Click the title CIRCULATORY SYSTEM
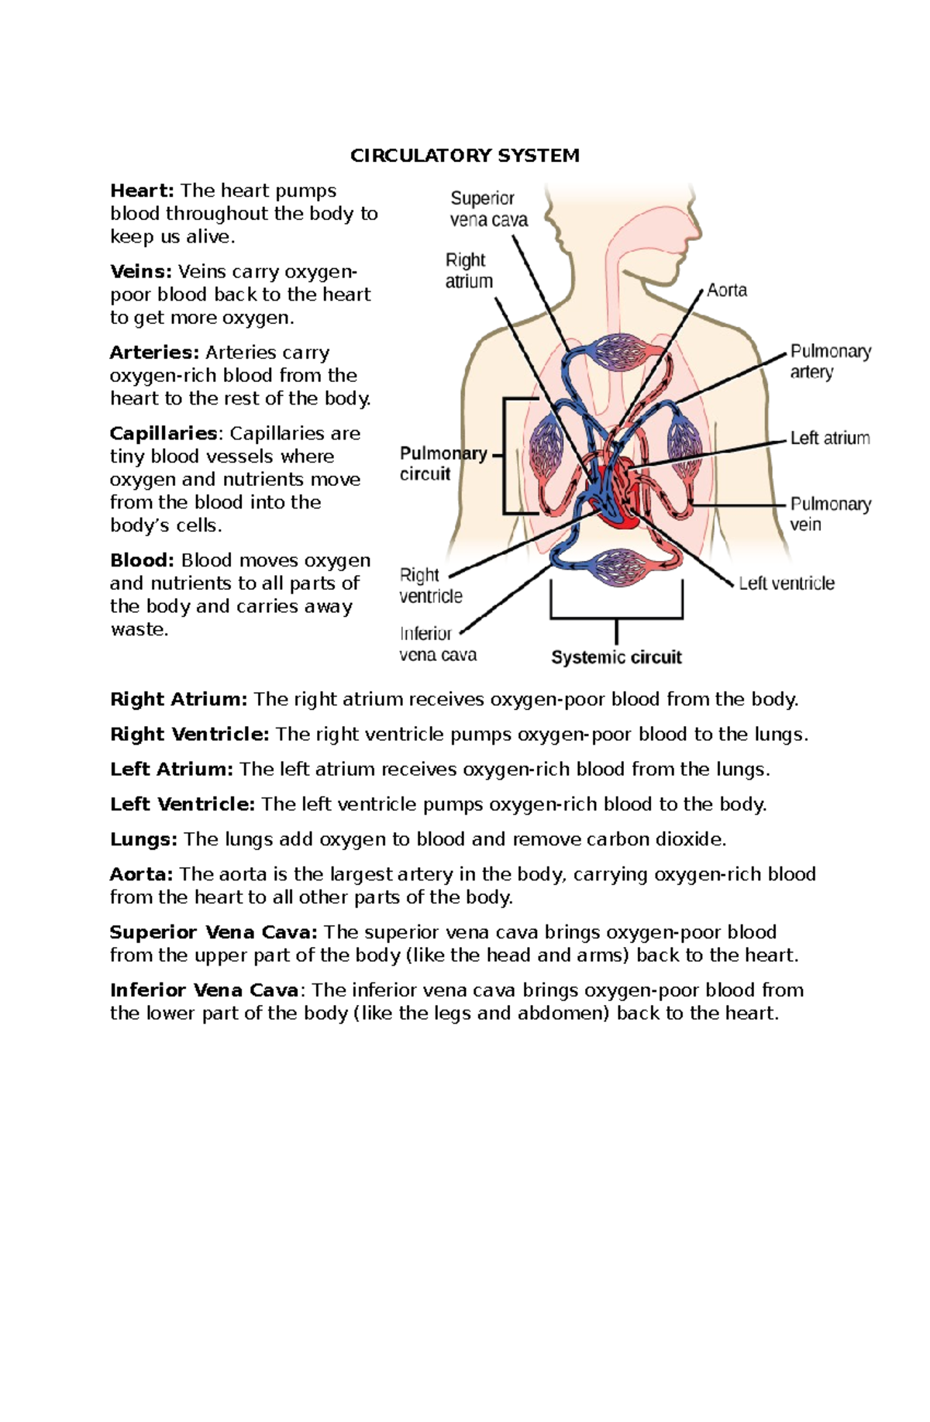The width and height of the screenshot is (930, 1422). tap(464, 156)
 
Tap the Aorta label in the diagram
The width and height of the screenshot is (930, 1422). tap(726, 291)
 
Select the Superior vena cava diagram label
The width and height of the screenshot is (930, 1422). tap(488, 209)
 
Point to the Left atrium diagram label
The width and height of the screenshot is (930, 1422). tap(829, 438)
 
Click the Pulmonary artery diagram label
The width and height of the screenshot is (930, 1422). tap(830, 361)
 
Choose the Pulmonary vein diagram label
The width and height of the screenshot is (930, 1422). tap(830, 514)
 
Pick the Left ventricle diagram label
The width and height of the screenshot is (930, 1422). tap(786, 584)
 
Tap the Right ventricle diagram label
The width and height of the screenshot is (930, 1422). tap(430, 585)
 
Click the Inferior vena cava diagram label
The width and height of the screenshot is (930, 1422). tap(437, 644)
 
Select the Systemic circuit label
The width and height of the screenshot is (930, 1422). tap(616, 657)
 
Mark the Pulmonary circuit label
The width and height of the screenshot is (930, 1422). tap(443, 463)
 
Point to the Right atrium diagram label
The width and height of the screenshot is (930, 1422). tap(468, 270)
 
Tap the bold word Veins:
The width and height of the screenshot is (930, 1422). tap(140, 272)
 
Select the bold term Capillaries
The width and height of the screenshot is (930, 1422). tap(164, 433)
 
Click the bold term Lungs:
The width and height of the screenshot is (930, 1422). tap(143, 839)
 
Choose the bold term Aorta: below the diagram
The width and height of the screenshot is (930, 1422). tap(141, 874)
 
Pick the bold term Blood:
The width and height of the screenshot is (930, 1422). tap(142, 560)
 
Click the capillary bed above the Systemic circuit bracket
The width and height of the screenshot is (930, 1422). tap(618, 566)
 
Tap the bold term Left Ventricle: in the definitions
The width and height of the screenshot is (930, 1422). tap(182, 804)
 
